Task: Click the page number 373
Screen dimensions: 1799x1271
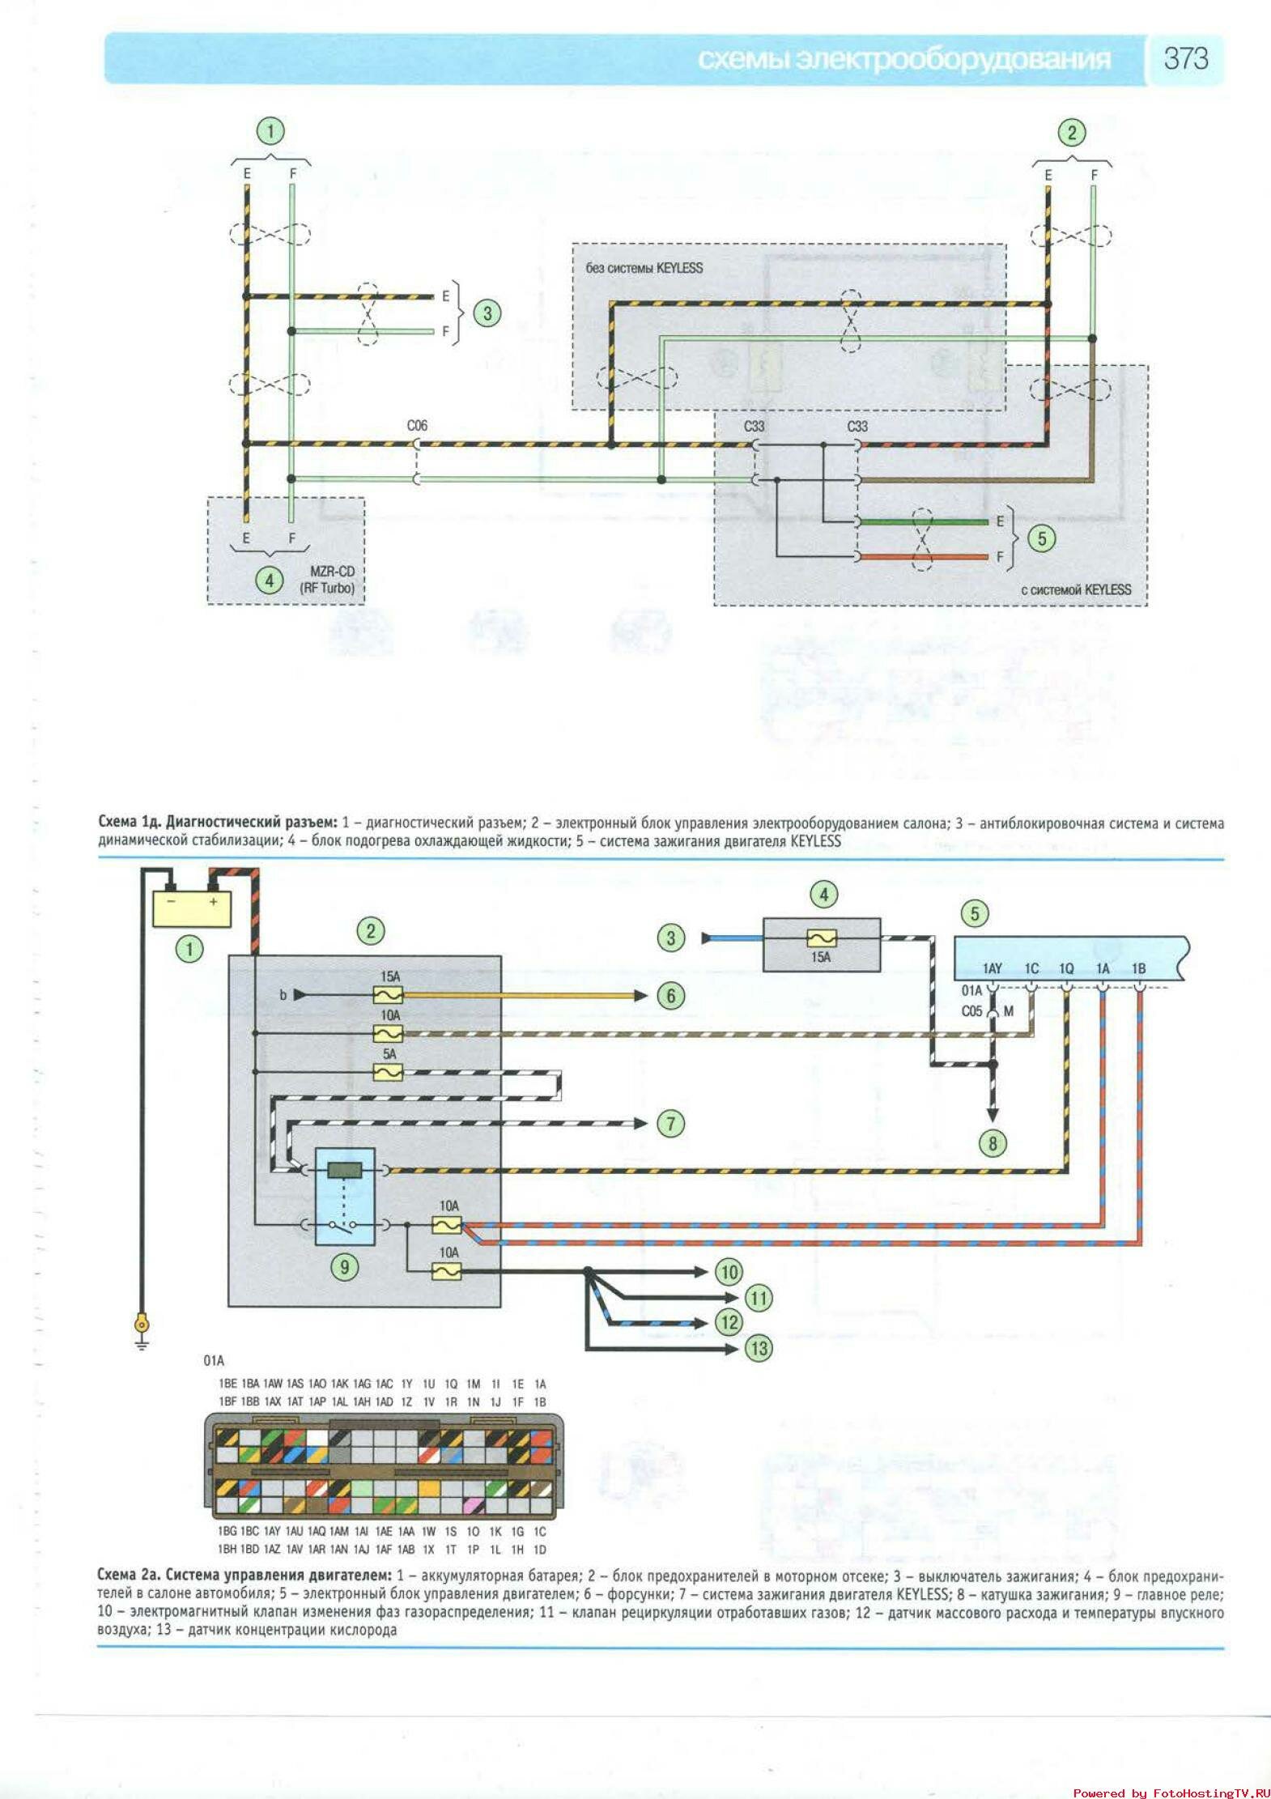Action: [x=1185, y=58]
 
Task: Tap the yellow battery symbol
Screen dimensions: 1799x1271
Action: [x=192, y=908]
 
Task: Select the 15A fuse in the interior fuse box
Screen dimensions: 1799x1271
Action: [x=821, y=938]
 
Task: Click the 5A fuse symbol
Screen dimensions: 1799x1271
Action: [x=389, y=1072]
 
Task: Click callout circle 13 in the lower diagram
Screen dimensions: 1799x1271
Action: [x=759, y=1348]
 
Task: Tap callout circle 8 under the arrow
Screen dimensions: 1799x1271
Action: [x=993, y=1143]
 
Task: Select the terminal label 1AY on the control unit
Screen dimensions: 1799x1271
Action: [x=993, y=968]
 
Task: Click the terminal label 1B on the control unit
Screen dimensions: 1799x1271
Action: [x=1138, y=968]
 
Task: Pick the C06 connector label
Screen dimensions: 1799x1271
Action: [x=417, y=426]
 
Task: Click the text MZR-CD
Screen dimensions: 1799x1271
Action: [x=332, y=572]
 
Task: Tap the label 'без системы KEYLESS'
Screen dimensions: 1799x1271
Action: [x=644, y=268]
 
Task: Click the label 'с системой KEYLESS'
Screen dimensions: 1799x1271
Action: [x=1076, y=589]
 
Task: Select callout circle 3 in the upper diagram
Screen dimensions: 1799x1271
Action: [x=487, y=313]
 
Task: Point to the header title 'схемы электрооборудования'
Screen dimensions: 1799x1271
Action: [x=903, y=59]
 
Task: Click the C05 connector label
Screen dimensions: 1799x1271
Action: [x=971, y=1011]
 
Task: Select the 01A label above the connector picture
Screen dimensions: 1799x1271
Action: [x=214, y=1360]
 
